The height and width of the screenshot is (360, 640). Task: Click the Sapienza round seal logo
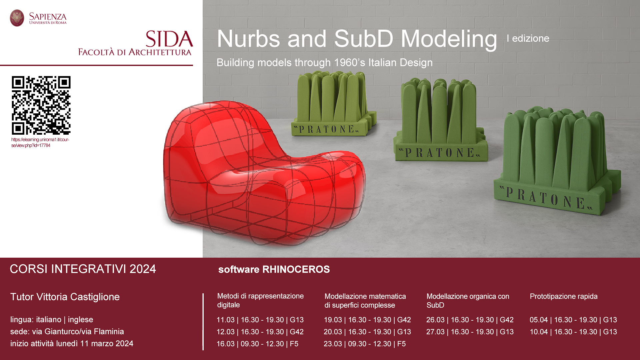pos(17,18)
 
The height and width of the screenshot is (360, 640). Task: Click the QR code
pos(41,105)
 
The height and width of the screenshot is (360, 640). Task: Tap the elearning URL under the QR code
pos(40,143)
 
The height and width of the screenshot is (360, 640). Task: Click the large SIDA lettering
pos(169,39)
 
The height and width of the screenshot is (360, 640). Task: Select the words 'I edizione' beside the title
pos(528,38)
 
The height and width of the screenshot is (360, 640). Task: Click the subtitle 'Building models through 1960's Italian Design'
pos(325,63)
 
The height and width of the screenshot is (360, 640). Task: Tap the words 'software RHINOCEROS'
pos(274,269)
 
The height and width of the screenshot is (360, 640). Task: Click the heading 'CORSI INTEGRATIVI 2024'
pos(83,269)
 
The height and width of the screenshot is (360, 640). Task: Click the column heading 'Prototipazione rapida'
pos(564,296)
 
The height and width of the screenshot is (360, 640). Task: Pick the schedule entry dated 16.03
pos(257,344)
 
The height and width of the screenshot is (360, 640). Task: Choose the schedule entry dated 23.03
pos(365,344)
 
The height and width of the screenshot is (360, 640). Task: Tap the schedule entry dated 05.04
pos(573,320)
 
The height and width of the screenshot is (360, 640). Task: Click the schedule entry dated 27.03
pos(470,332)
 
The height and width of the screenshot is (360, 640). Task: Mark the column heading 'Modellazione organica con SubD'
pos(468,301)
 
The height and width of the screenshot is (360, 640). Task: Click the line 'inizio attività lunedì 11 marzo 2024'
pos(72,344)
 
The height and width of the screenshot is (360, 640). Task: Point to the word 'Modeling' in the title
pos(449,39)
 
